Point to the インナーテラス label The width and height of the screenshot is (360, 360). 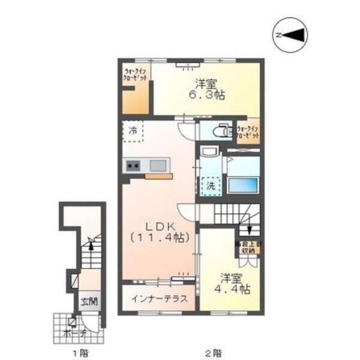(159, 299)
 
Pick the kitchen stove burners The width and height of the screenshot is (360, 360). (133, 166)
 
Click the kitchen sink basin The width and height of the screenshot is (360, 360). (158, 165)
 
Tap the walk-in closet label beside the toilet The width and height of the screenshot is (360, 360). (248, 133)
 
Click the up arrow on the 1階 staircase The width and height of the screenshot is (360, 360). (89, 244)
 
